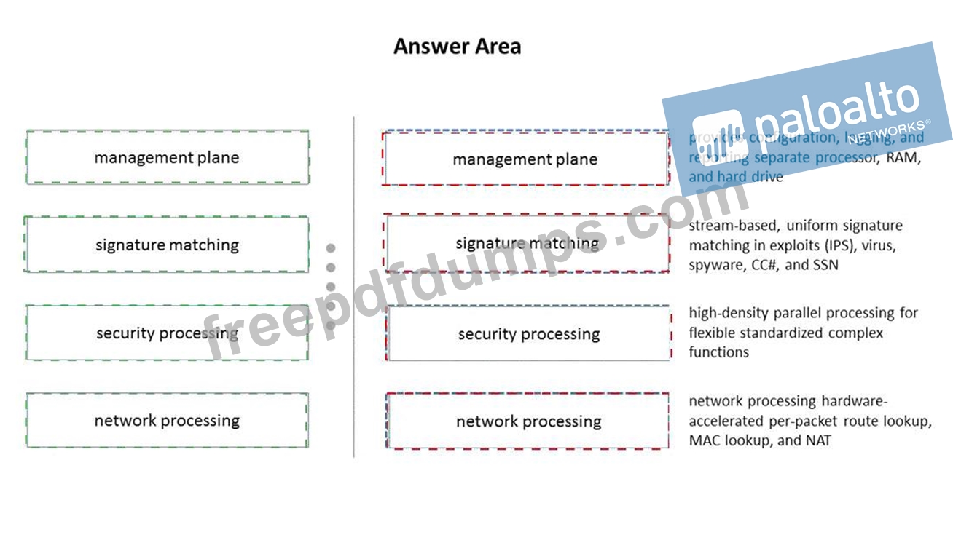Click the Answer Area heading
[457, 47]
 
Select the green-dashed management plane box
[167, 157]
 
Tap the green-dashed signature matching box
[167, 245]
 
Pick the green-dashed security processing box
[167, 333]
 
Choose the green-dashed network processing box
[167, 420]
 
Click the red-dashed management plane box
[525, 159]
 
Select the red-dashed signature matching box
[527, 243]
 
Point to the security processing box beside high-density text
[528, 334]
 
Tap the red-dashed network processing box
[528, 421]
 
